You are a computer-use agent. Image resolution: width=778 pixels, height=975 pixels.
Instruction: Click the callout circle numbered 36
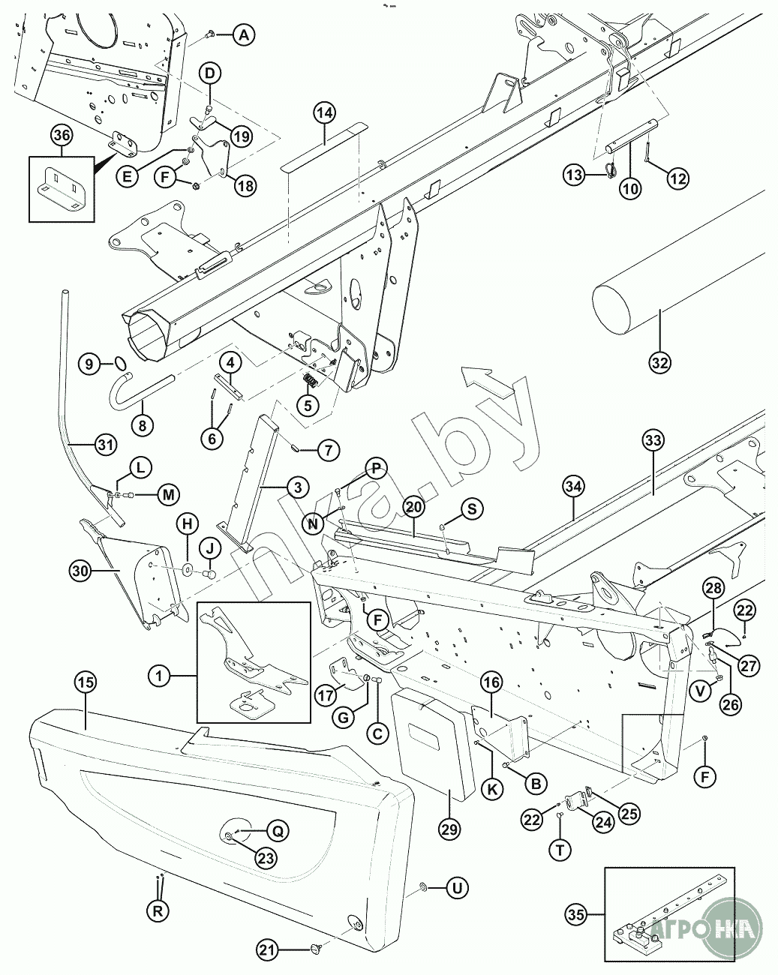(62, 136)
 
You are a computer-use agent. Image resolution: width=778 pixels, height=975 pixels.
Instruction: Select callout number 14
(324, 114)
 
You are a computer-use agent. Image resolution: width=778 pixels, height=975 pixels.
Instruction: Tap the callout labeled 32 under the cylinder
(659, 361)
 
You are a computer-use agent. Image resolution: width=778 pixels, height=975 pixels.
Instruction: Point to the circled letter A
(245, 34)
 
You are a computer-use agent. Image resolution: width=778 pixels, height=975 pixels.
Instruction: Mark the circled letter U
(455, 888)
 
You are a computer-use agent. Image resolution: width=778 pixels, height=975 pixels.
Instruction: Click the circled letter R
(158, 911)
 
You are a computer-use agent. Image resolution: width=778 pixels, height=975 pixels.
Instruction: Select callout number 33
(653, 439)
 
